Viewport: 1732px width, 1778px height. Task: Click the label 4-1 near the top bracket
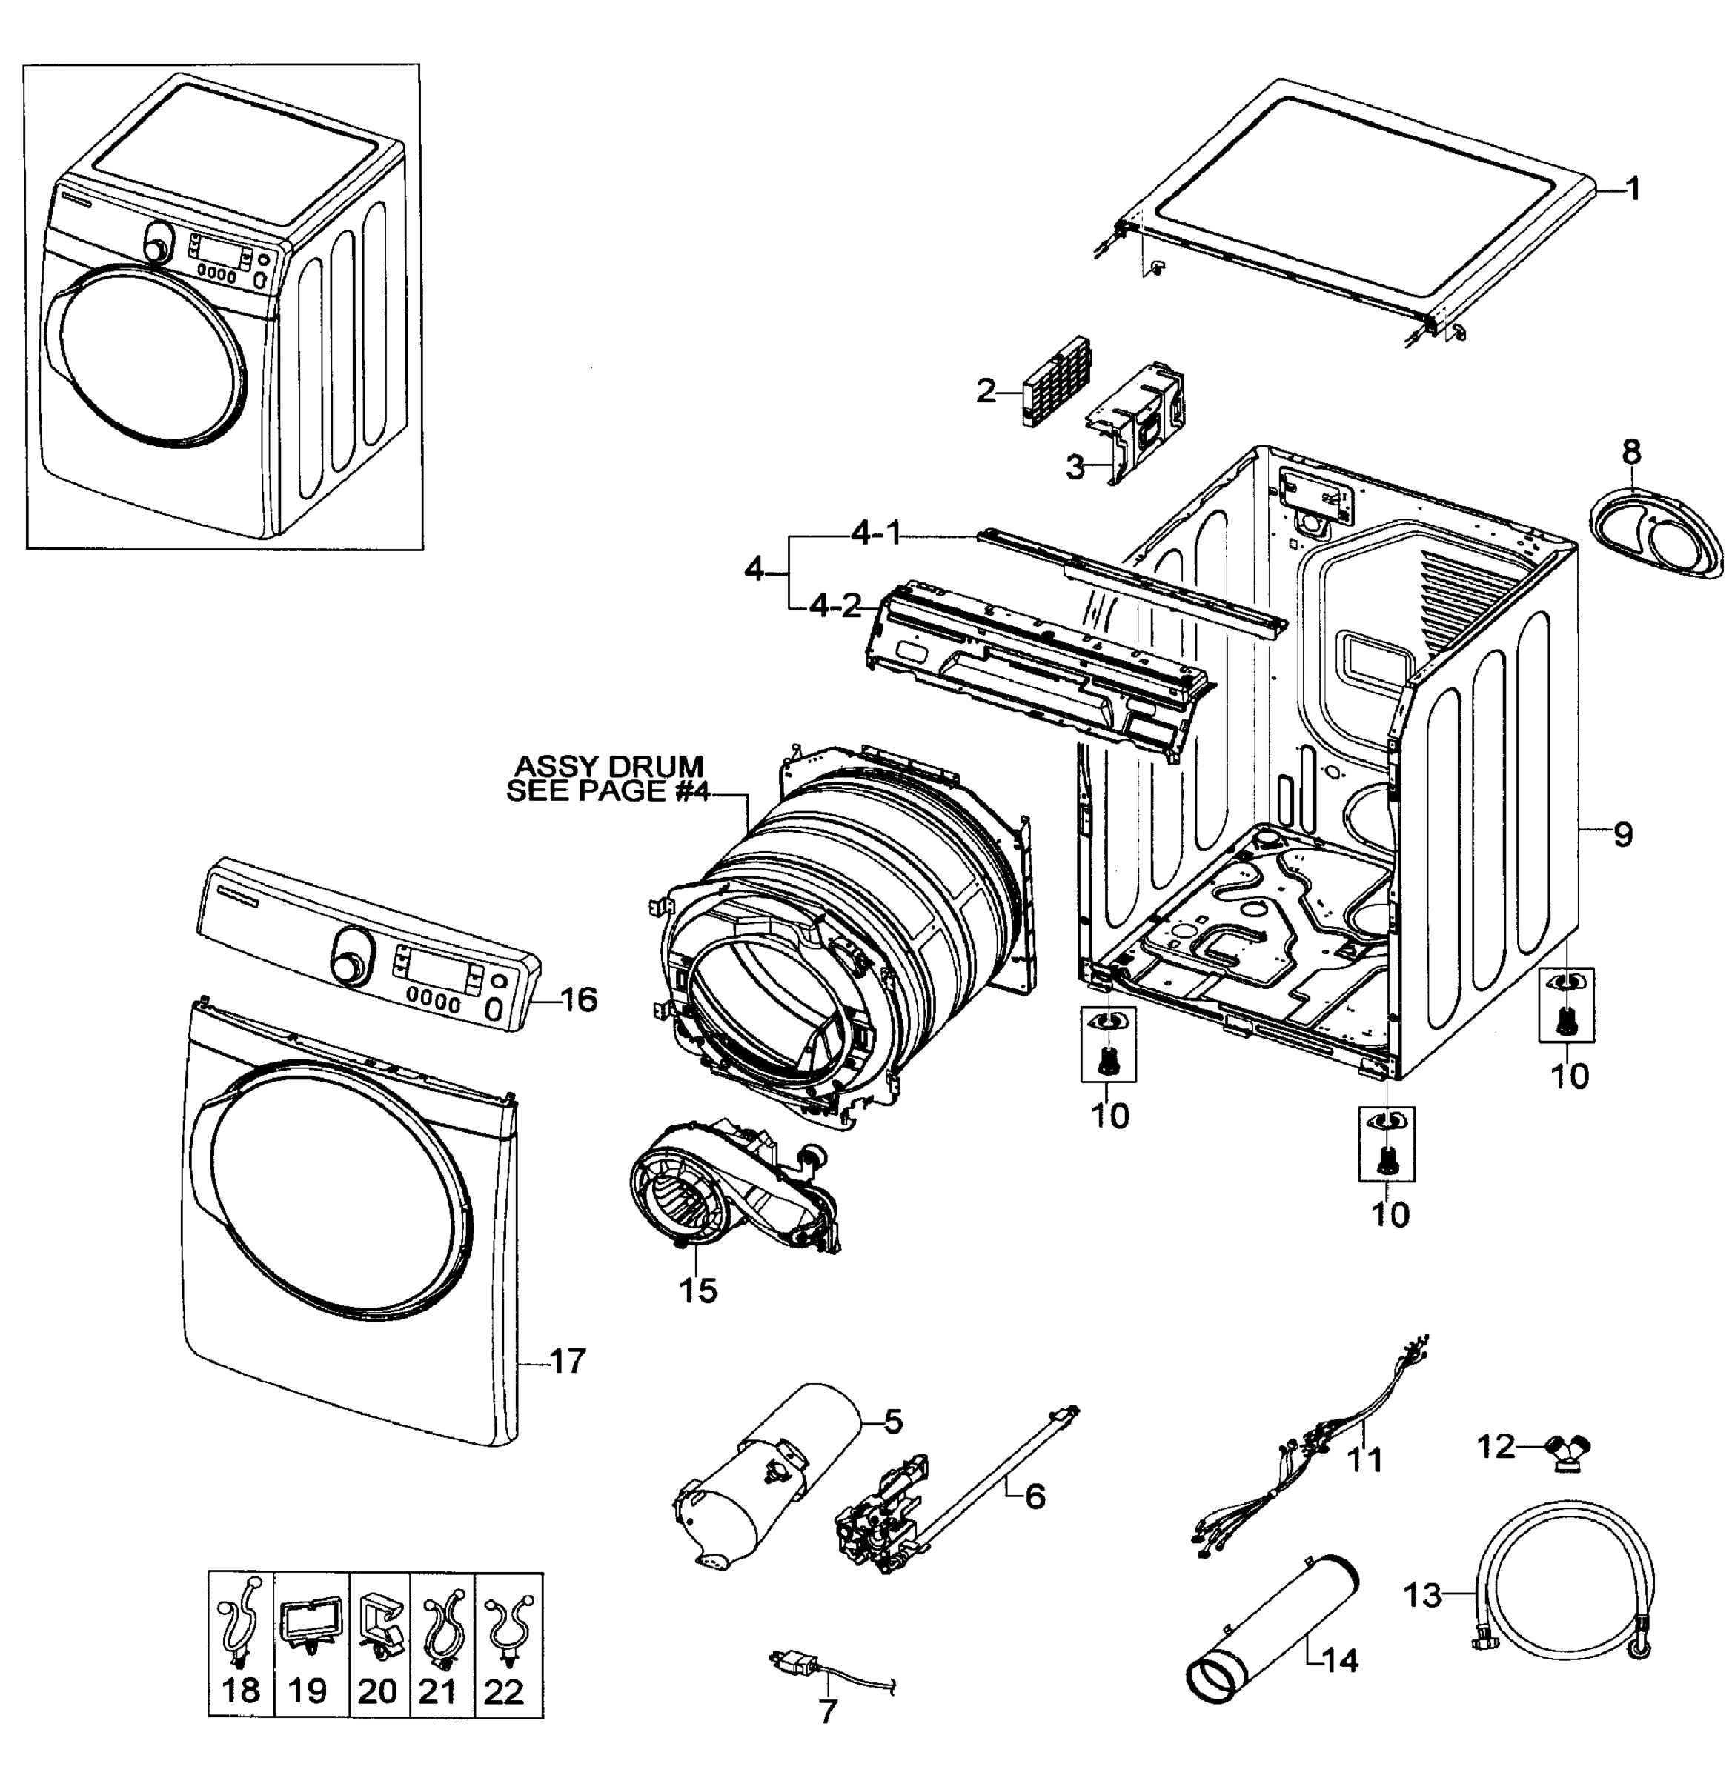[875, 535]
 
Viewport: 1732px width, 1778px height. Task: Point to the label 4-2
[835, 606]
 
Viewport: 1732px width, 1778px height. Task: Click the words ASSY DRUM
[608, 767]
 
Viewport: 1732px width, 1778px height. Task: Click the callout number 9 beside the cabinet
[1624, 834]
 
